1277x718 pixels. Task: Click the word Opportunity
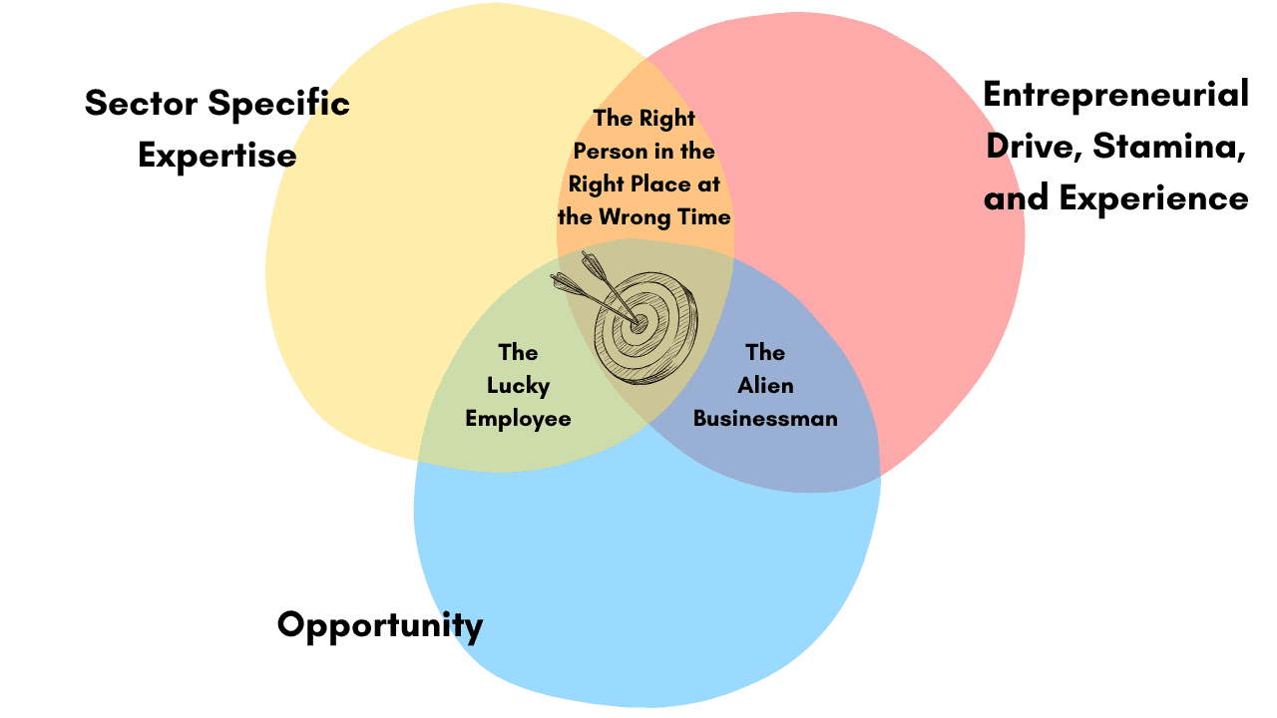click(380, 626)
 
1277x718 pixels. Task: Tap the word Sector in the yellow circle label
click(140, 103)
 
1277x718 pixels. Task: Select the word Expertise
click(216, 156)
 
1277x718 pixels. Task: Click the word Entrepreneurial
click(1115, 95)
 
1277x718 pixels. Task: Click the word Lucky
click(518, 385)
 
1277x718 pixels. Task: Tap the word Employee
click(518, 418)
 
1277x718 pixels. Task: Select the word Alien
click(765, 385)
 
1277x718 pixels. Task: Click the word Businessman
click(765, 418)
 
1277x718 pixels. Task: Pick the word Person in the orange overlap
click(609, 152)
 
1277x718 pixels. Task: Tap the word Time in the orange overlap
click(706, 216)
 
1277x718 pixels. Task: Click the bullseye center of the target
click(639, 322)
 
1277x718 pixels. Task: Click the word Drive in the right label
click(1033, 147)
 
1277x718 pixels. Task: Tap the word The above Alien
click(765, 352)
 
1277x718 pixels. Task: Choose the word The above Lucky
click(518, 352)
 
